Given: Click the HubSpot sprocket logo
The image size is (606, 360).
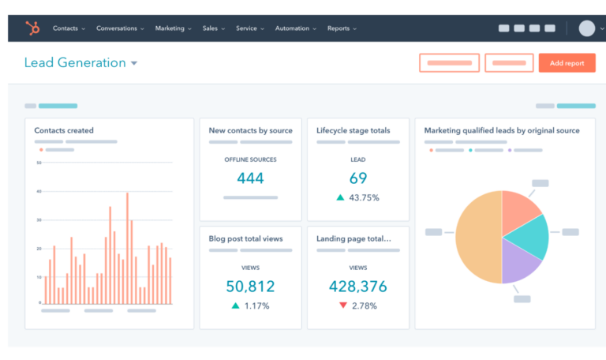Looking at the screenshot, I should [32, 28].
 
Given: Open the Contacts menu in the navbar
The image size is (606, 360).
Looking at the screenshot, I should [69, 28].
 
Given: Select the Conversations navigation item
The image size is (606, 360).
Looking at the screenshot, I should [120, 28].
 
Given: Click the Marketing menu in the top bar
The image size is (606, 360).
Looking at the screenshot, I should [173, 28].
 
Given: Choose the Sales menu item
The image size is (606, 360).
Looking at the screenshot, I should [213, 28].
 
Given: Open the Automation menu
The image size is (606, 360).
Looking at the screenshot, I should [295, 28].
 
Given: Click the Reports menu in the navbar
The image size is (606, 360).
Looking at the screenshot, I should [342, 28].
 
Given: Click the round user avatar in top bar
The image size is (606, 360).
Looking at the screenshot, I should [586, 28].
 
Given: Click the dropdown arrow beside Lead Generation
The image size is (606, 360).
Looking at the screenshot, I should [134, 64].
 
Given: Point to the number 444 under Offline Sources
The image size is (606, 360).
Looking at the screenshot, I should [250, 178].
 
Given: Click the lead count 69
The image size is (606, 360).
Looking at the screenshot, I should [358, 178].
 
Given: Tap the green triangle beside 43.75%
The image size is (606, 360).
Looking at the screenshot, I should [340, 197].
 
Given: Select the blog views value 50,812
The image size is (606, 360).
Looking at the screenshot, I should [250, 286].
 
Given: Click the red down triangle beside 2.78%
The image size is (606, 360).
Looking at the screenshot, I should [342, 305].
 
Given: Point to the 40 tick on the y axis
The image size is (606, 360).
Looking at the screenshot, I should [39, 191].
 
